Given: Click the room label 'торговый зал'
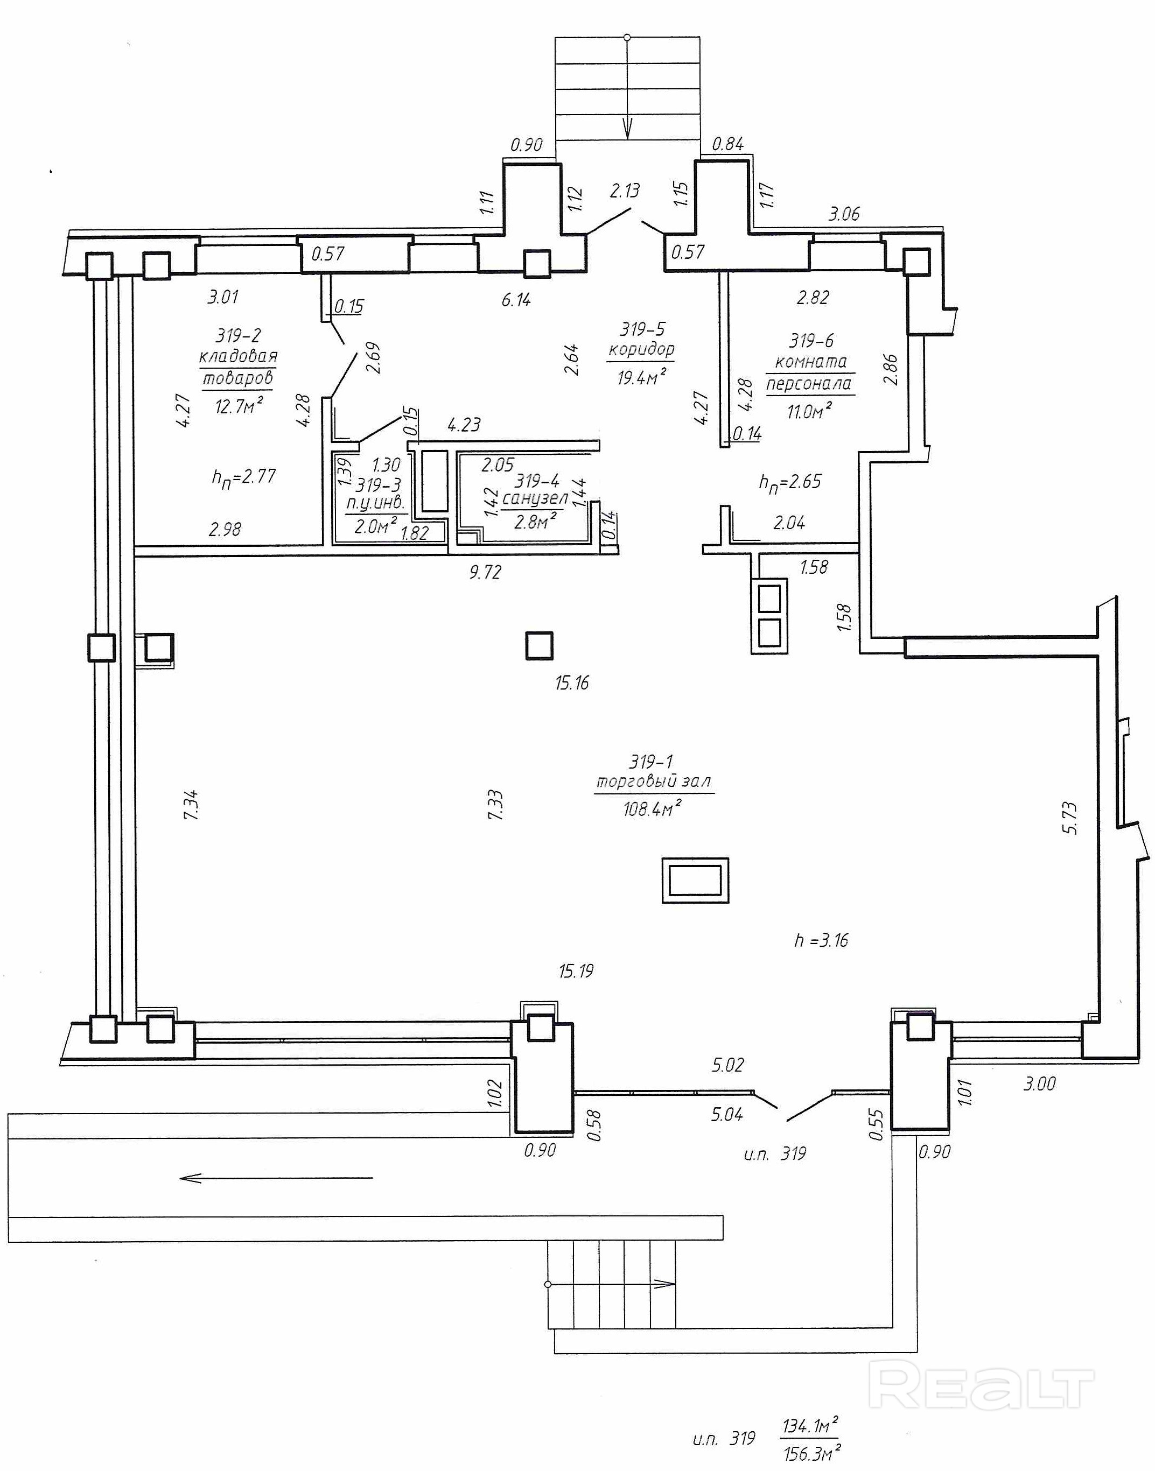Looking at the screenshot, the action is pyautogui.click(x=653, y=782).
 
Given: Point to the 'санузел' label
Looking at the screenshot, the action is pyautogui.click(x=535, y=499).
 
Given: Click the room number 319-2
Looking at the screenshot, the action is pyautogui.click(x=238, y=335).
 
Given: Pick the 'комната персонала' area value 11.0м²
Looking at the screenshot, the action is pyautogui.click(x=809, y=410).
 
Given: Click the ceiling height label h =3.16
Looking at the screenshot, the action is pyautogui.click(x=821, y=940).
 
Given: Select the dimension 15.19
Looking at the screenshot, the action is pyautogui.click(x=576, y=972).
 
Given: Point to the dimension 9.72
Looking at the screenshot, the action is pyautogui.click(x=485, y=573).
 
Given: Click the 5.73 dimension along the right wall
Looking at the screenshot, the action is pyautogui.click(x=1070, y=818).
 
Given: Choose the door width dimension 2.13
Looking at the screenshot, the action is pyautogui.click(x=624, y=191).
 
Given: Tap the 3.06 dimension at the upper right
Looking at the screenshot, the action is pyautogui.click(x=844, y=214).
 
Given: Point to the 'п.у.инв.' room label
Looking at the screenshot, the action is pyautogui.click(x=375, y=503).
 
